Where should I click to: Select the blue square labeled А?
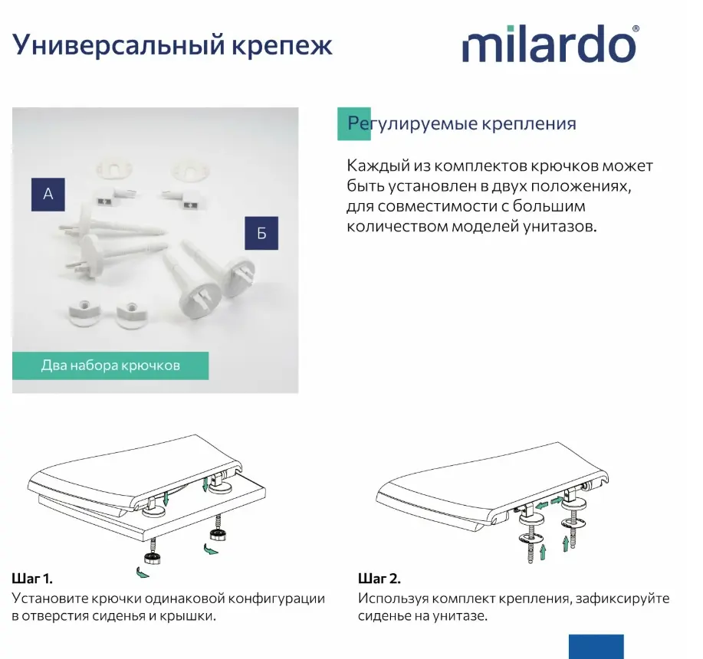pos(48,195)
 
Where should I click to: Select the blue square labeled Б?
pos(261,233)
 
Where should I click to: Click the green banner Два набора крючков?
pos(110,366)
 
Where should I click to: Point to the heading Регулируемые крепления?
pos(462,123)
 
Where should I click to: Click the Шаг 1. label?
pos(32,579)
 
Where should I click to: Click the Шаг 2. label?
pos(379,579)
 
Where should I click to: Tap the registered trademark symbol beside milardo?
pos(636,28)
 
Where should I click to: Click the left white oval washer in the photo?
pos(114,169)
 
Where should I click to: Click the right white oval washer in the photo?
pos(191,169)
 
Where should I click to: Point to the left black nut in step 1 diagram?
pos(153,558)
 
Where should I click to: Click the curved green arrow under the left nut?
pos(143,572)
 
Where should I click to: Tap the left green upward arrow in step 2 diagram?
pos(543,552)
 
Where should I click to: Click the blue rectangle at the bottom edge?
pos(596,647)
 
